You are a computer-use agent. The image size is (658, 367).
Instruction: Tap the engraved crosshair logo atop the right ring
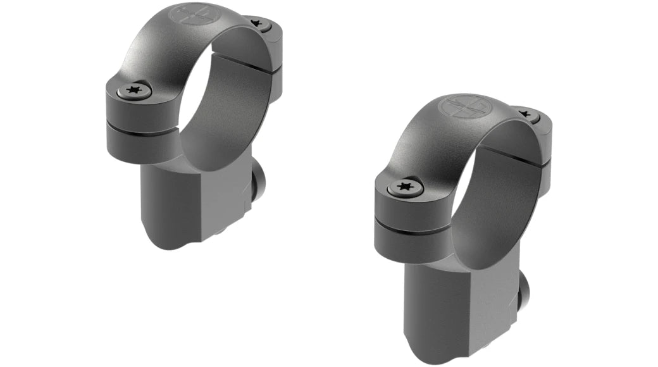(x=466, y=106)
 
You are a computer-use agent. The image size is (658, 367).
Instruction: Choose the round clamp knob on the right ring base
(x=525, y=285)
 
